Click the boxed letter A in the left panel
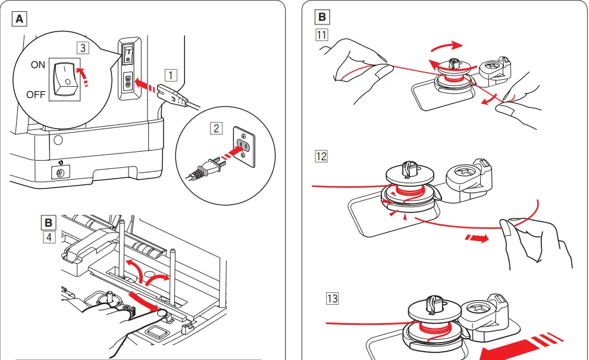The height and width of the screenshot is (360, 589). tap(20, 19)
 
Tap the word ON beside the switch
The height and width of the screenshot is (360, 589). tap(38, 65)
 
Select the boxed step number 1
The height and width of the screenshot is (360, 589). tap(171, 75)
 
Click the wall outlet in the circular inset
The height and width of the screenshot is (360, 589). tap(245, 144)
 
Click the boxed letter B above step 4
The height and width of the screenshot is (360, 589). tap(48, 223)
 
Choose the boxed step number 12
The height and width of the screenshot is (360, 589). tap(322, 156)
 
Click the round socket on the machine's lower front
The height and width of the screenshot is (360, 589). tap(59, 173)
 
